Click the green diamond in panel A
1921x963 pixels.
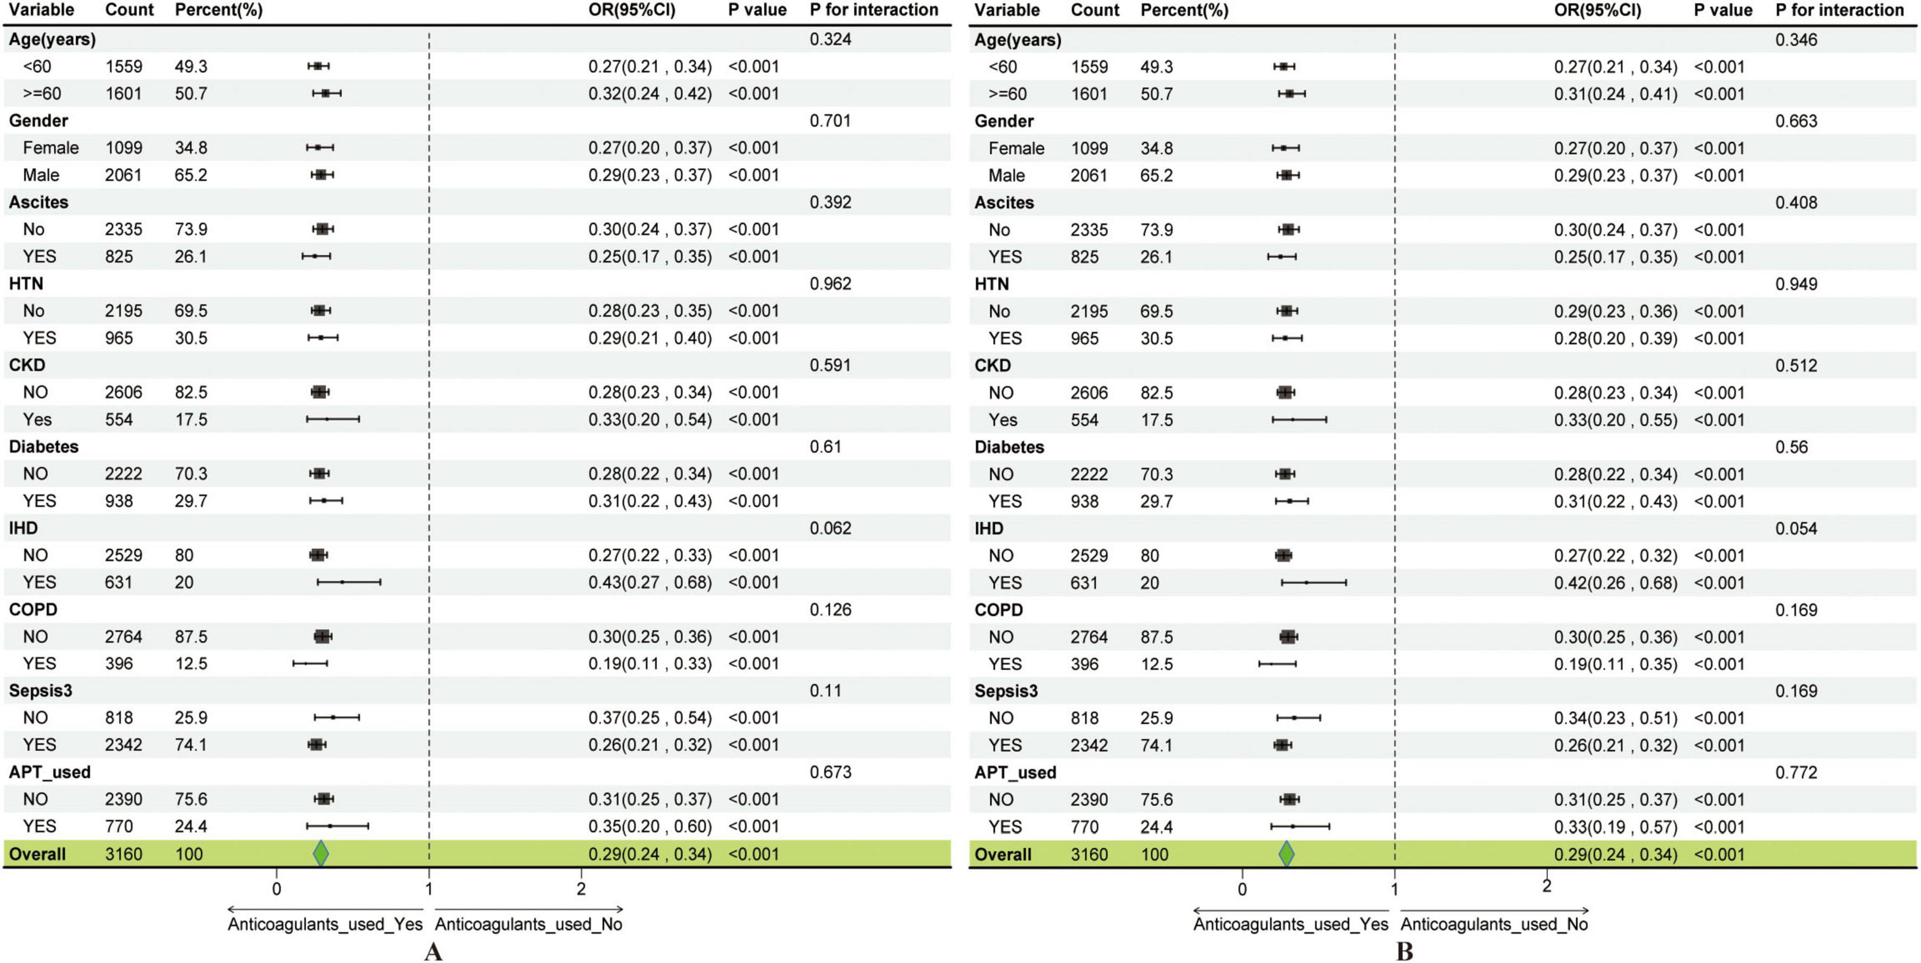point(321,854)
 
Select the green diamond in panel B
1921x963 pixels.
point(1286,854)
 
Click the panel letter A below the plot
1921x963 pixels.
point(433,952)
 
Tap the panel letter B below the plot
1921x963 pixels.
point(1404,952)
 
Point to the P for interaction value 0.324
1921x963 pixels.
point(830,39)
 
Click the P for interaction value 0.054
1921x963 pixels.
point(1796,528)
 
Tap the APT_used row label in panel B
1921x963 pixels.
point(1015,772)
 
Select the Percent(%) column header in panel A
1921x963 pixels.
point(219,10)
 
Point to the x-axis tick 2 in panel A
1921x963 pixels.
point(581,888)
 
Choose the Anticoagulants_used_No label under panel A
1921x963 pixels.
point(529,924)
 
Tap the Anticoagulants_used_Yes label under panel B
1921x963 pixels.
point(1291,924)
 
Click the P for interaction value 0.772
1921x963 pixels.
point(1796,772)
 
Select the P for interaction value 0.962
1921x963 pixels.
point(830,283)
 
